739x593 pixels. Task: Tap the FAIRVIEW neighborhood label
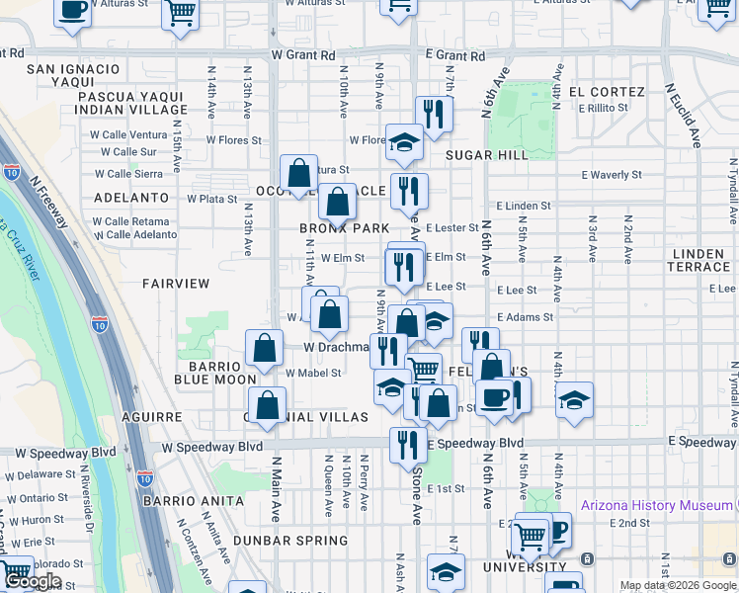tap(176, 284)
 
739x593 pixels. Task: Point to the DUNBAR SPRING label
tap(290, 541)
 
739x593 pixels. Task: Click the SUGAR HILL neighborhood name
tap(486, 155)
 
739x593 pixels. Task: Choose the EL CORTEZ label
tap(606, 92)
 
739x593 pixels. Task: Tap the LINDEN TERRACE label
tap(699, 261)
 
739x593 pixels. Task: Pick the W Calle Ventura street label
tap(134, 134)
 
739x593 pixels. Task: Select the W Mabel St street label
tap(313, 374)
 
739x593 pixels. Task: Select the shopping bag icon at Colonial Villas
tap(267, 405)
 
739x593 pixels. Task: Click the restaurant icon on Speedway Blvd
tap(408, 445)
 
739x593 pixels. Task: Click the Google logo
tap(32, 581)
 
